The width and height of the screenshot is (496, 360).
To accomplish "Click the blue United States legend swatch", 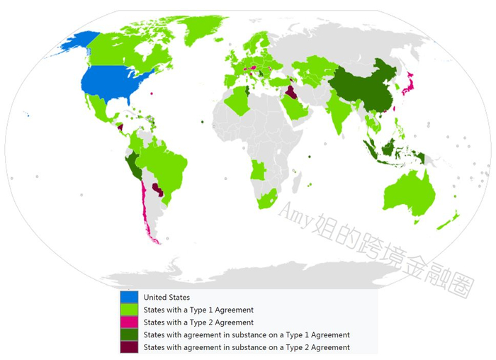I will (129, 298).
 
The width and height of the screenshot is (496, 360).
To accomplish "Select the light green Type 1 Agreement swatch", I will (129, 310).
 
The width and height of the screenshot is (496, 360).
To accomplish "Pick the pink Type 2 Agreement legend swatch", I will (129, 322).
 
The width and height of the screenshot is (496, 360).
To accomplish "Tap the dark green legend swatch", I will (129, 334).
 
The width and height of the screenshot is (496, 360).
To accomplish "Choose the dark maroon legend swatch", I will (129, 347).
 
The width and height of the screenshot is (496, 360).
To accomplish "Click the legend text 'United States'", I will (167, 298).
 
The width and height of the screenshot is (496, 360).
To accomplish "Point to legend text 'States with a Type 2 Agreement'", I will (198, 322).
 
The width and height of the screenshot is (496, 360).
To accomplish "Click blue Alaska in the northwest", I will (78, 43).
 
